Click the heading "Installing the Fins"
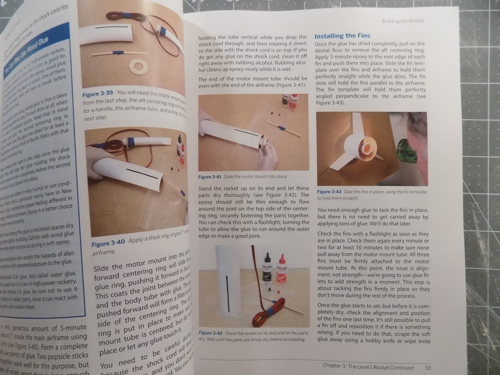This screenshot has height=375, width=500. point(342,36)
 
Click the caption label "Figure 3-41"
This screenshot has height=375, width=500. point(210,177)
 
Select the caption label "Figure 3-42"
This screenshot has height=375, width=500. point(210,333)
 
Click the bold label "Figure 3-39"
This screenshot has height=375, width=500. point(97,94)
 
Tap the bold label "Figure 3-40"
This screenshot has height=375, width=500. point(108,242)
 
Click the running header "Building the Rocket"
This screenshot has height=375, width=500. point(403,21)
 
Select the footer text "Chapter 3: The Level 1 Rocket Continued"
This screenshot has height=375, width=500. point(368,367)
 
